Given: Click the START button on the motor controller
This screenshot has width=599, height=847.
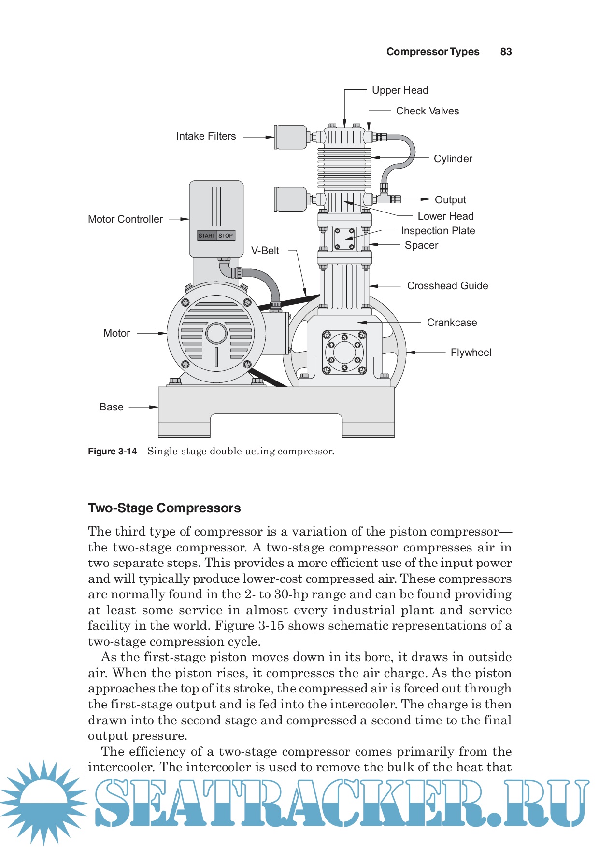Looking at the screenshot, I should (207, 236).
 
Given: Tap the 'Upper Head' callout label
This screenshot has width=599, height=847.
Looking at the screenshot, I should (400, 90).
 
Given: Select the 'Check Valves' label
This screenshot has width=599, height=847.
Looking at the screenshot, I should (428, 111).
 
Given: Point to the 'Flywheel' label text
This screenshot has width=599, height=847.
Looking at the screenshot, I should (471, 353).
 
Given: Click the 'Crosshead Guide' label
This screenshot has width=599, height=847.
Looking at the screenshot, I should (447, 286).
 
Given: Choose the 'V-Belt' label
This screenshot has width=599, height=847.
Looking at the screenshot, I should (265, 251).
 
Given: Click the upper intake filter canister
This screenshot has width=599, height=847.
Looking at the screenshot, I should (291, 137).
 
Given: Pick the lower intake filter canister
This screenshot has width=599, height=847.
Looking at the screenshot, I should (291, 199).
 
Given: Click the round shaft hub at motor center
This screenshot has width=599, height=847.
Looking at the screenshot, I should (216, 333).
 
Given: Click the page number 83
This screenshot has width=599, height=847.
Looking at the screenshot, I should (506, 52).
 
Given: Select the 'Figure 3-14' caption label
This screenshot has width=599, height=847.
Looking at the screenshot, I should (113, 452).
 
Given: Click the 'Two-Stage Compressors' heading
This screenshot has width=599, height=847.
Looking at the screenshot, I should (164, 508).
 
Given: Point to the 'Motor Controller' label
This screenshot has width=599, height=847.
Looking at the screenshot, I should (126, 219).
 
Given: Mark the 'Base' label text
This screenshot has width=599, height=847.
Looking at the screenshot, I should (112, 407).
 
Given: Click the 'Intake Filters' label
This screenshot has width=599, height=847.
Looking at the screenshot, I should (206, 136).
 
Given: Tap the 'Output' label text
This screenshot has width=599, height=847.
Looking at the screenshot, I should (450, 200).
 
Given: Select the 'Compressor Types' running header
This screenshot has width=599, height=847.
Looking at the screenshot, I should (433, 52).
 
